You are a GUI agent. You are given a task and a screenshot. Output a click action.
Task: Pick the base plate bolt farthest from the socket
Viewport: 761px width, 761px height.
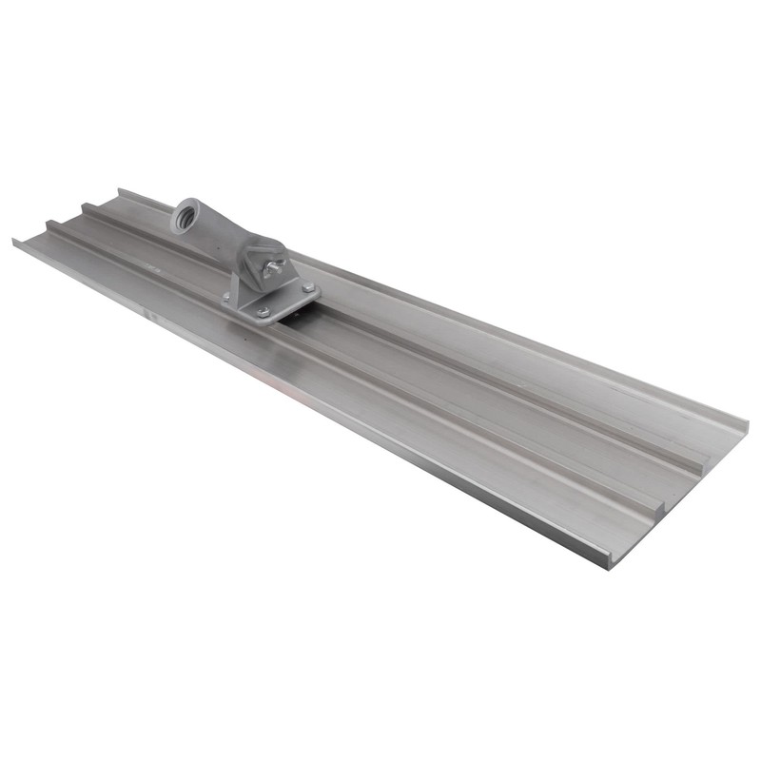pyautogui.click(x=307, y=287)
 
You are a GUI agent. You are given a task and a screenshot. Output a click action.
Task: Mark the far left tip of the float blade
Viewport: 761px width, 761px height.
pyautogui.click(x=14, y=241)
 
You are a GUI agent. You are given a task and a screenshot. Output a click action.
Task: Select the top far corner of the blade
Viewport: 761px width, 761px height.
pyautogui.click(x=120, y=189)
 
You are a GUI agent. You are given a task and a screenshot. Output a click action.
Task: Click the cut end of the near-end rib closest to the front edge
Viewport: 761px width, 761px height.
pyautogui.click(x=656, y=515)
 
